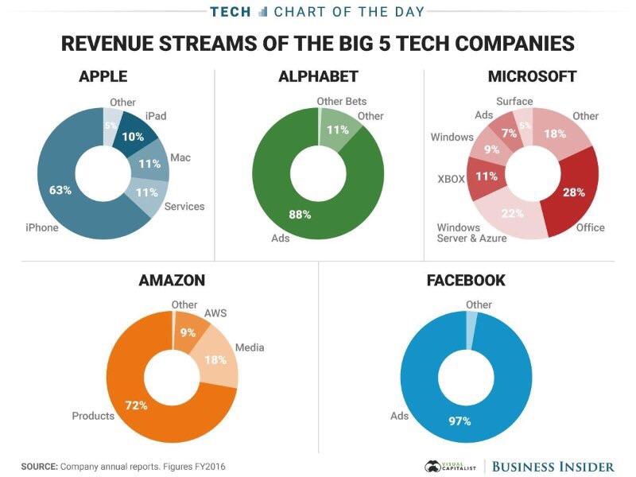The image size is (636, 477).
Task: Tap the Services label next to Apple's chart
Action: (x=184, y=207)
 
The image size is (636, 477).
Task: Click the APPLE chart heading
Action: (x=103, y=77)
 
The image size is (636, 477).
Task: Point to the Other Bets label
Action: (x=341, y=101)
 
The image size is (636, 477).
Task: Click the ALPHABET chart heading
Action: (x=318, y=77)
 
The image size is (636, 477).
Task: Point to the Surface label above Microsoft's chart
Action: (x=514, y=101)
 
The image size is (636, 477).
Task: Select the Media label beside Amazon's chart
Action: (x=250, y=347)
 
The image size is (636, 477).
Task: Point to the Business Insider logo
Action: (x=553, y=466)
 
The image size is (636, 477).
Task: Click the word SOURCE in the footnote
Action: (x=38, y=466)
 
